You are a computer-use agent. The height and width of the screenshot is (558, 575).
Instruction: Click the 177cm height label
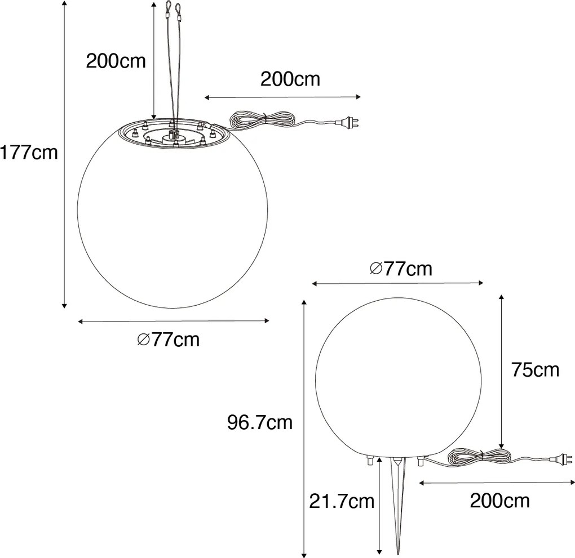pos(29,152)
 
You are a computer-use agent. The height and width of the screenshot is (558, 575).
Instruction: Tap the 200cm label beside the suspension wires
pos(116,61)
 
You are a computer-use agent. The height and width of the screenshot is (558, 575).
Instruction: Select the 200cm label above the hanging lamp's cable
pos(290,79)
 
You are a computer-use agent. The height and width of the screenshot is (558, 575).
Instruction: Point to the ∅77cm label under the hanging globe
pos(169,340)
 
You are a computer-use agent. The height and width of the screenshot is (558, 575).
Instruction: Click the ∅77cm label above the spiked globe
pos(401,269)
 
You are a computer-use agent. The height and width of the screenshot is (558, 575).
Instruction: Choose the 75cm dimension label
pos(535,370)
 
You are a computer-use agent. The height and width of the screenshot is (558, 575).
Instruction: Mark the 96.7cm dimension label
pos(260,422)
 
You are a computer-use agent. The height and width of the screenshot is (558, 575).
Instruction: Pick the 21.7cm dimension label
pos(342,501)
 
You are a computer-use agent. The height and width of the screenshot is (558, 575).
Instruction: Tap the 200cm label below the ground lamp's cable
pos(500,501)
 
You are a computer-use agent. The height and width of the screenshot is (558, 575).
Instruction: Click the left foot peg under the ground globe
pos(369,461)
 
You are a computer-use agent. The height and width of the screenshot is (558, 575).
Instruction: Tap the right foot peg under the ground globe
pos(420,461)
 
